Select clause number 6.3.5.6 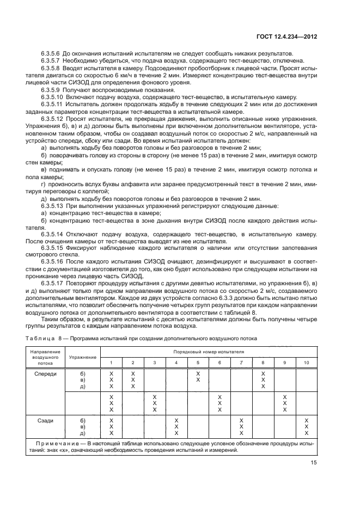pos(51,53)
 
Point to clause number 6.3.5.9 pos(51,88)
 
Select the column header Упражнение pos(83,357)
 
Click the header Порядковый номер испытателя pos(209,352)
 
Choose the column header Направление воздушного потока pos(45,357)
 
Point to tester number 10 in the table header pos(306,362)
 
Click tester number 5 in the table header pos(198,362)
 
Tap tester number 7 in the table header pos(241,362)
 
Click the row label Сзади pos(44,420)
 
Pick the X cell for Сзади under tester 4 pos(176,427)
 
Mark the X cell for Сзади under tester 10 pos(306,427)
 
